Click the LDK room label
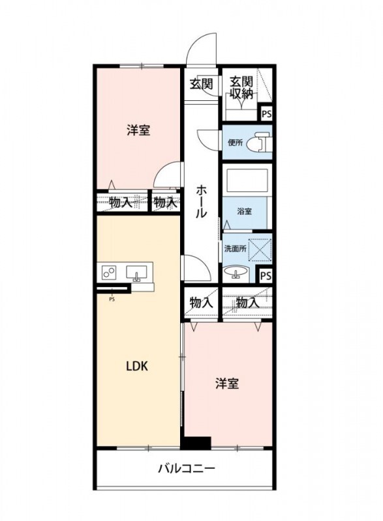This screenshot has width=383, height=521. (x=137, y=366)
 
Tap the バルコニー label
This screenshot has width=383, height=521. (x=186, y=468)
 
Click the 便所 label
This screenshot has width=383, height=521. (x=235, y=143)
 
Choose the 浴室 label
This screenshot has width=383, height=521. (x=244, y=211)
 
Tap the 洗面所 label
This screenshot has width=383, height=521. (x=235, y=248)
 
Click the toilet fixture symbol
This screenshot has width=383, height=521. (x=261, y=142)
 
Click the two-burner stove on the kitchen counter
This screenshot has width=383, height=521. (x=109, y=272)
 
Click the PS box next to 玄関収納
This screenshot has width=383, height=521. (x=266, y=113)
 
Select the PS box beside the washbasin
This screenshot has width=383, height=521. (x=265, y=276)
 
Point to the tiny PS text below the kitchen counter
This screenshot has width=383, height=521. (x=112, y=300)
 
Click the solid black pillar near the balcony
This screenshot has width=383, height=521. (x=196, y=442)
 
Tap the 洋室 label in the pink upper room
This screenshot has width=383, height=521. (x=138, y=130)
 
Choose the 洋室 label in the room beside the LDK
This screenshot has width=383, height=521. (x=227, y=384)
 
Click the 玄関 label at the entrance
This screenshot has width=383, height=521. (x=201, y=83)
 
